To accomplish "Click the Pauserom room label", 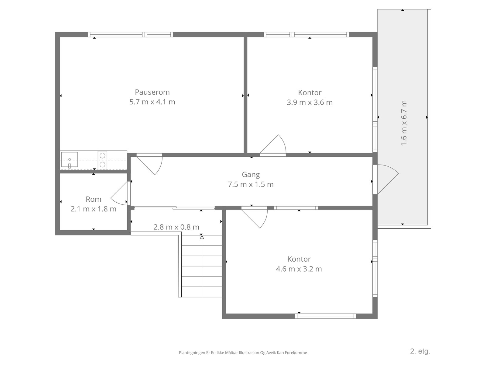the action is pyautogui.click(x=152, y=92).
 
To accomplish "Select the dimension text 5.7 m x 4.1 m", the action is pyautogui.click(x=152, y=102).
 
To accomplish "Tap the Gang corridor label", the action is pyautogui.click(x=251, y=175).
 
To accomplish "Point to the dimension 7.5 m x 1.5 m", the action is pyautogui.click(x=251, y=184).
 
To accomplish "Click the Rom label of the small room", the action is pyautogui.click(x=94, y=199).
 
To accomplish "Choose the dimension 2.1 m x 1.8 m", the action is pyautogui.click(x=94, y=209).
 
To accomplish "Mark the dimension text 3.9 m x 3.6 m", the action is pyautogui.click(x=310, y=103).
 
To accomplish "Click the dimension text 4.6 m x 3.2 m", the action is pyautogui.click(x=299, y=269).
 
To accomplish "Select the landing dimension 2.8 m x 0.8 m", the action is pyautogui.click(x=176, y=227).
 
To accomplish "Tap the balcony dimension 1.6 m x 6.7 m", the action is pyautogui.click(x=404, y=123).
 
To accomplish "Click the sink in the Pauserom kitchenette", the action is pyautogui.click(x=70, y=160).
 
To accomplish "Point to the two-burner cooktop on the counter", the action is pyautogui.click(x=102, y=160).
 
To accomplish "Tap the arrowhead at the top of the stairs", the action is pyautogui.click(x=202, y=237).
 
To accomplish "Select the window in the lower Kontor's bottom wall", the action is pyautogui.click(x=326, y=316).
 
